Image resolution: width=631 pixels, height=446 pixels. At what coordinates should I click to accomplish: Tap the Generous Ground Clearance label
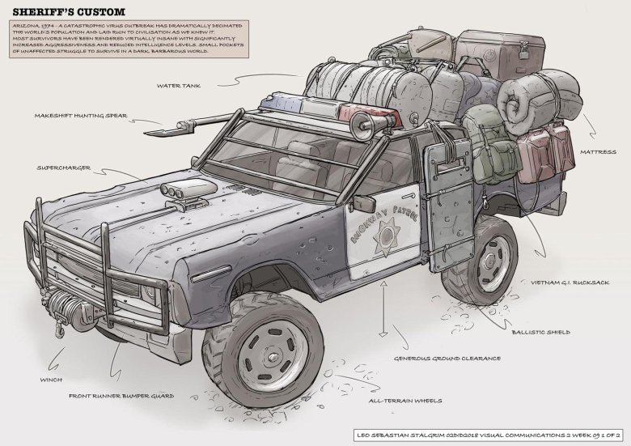(447, 358)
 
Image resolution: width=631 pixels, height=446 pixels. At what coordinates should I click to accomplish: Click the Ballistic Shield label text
(541, 332)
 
